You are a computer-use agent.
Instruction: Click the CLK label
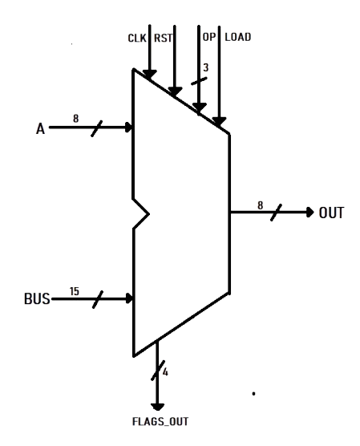[x=137, y=38]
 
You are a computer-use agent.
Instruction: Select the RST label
[x=163, y=38]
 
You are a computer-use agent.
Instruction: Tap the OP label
[x=209, y=37]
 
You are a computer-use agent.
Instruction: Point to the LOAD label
[x=238, y=37]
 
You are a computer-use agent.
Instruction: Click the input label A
[x=40, y=128]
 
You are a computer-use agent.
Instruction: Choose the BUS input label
[x=37, y=299]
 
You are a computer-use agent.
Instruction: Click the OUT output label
[x=331, y=213]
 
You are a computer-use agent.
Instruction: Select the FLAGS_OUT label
[x=160, y=422]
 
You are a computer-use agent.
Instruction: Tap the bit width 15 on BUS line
[x=75, y=291]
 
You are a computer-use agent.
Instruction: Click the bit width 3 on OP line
[x=205, y=67]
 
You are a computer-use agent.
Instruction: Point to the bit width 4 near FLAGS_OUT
[x=165, y=372]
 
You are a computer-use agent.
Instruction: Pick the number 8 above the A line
[x=75, y=119]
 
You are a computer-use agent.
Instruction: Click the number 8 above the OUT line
[x=261, y=205]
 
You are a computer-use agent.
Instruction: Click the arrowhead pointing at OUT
[x=310, y=213]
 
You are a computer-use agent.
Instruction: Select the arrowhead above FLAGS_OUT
[x=157, y=407]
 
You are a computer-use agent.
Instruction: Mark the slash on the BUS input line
[x=98, y=299]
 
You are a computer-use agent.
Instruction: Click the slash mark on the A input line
[x=97, y=128]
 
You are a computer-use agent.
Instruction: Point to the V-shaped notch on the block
[x=141, y=214]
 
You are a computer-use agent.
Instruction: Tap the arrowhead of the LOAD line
[x=219, y=121]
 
